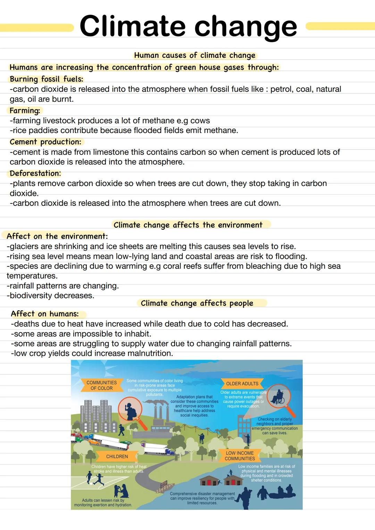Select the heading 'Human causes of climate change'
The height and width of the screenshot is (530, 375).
click(194, 56)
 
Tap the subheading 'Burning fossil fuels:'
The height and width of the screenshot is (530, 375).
click(46, 79)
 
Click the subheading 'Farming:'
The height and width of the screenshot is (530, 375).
click(25, 111)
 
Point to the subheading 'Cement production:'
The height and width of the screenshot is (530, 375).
click(45, 142)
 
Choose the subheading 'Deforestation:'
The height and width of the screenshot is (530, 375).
click(35, 174)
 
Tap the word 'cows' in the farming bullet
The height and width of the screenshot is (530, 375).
click(200, 121)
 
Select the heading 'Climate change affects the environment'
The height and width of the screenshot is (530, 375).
click(188, 225)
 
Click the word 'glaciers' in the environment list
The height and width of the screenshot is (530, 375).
click(24, 246)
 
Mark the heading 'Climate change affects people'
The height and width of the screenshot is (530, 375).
click(197, 303)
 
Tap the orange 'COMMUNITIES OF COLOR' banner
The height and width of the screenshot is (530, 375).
click(101, 385)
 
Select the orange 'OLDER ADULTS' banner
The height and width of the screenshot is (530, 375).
click(242, 384)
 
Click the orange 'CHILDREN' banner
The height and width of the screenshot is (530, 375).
click(117, 456)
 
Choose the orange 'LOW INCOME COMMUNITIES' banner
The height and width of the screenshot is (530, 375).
click(240, 456)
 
